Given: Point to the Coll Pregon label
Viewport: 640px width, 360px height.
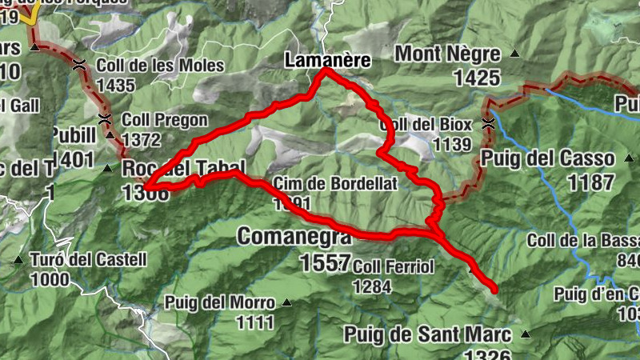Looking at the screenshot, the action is pos(165,120).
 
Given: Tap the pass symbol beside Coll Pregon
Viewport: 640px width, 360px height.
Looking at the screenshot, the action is pos(104,119).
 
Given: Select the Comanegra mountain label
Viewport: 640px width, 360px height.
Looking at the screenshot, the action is pos(294,237).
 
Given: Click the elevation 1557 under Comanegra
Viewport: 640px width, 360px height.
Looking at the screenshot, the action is pos(326,262).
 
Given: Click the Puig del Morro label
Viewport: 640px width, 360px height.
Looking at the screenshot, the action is pos(219,302).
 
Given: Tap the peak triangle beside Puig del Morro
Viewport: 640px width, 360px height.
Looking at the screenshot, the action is pos(286,302).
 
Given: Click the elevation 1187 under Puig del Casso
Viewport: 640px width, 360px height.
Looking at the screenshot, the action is pos(590,182).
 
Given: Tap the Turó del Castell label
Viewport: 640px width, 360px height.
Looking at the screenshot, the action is pos(88,259).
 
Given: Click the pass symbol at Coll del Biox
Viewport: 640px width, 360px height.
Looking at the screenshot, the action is pos(489,123).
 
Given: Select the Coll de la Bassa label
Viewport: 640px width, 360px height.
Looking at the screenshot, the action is pos(584,240).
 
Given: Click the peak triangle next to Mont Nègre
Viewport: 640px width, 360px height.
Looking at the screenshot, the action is pos(514,55).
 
